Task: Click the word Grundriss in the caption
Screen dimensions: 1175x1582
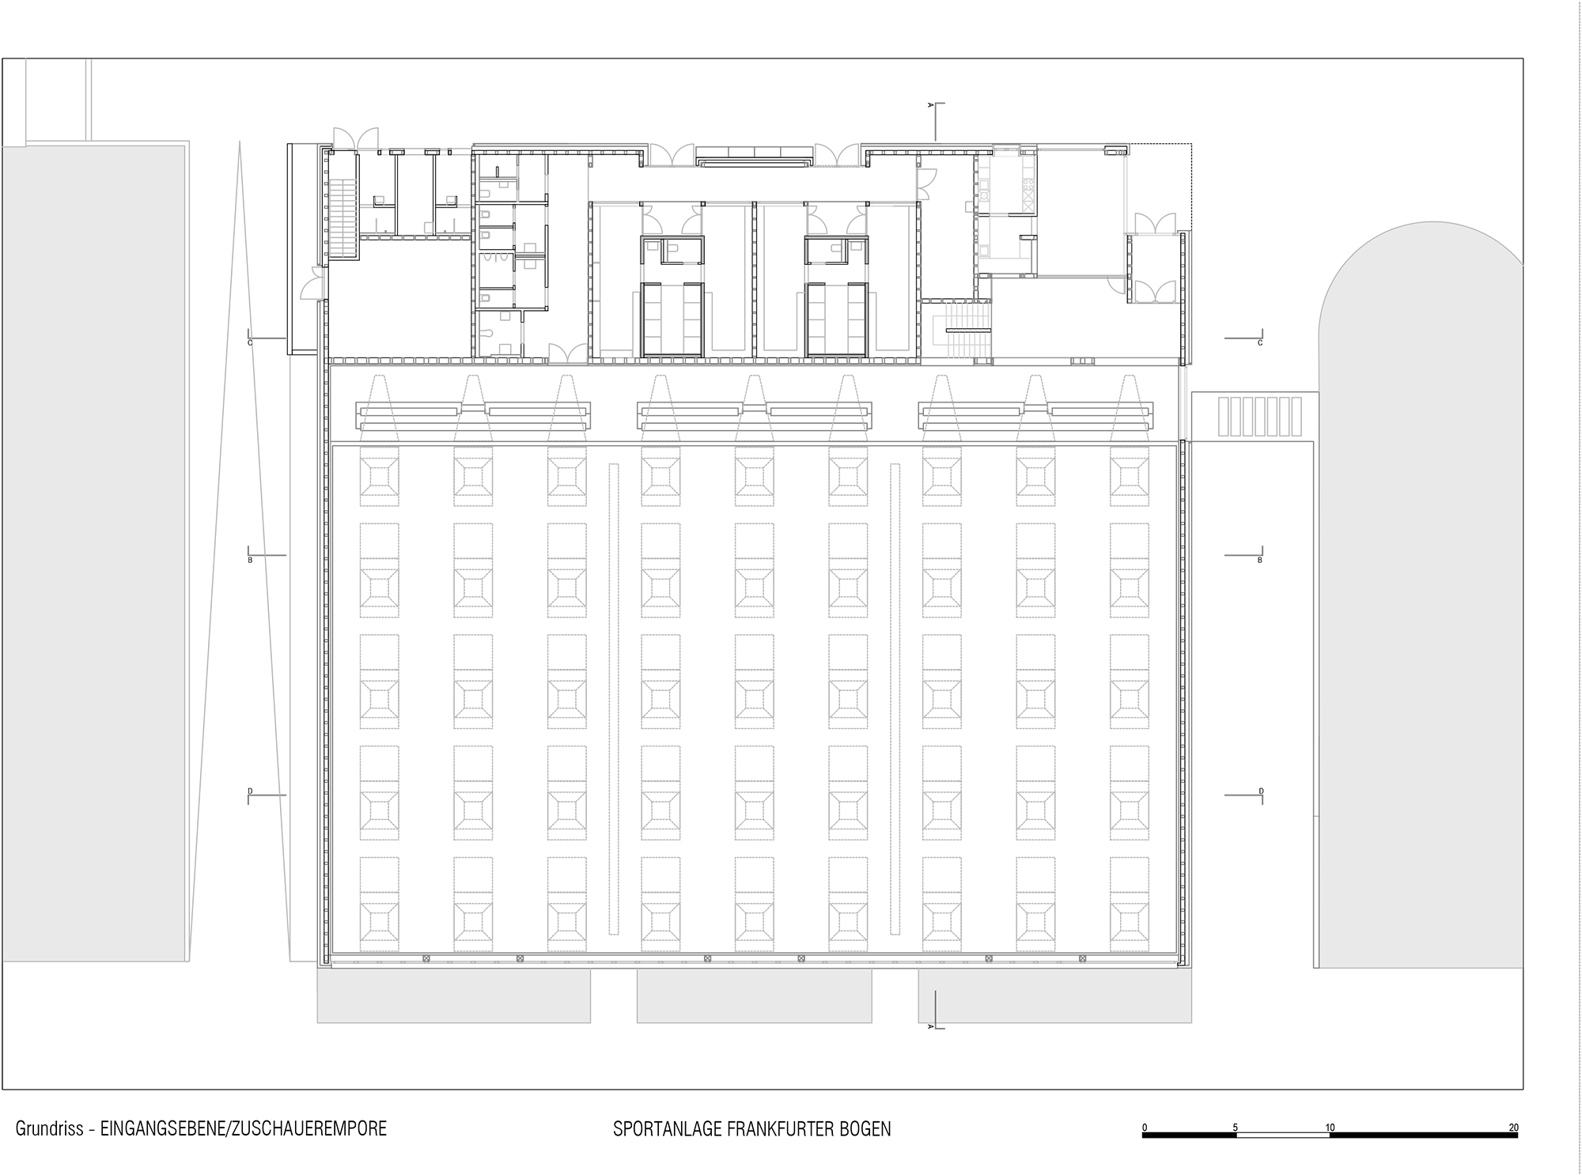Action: pos(48,1128)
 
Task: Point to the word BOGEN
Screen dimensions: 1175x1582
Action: pos(869,1129)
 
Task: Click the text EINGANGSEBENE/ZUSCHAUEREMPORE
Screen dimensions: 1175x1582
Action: pos(244,1128)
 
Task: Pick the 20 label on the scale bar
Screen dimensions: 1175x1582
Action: pos(1513,1128)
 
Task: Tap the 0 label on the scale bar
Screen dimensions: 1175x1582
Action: pos(1145,1128)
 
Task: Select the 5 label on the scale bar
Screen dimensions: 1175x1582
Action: pos(1235,1128)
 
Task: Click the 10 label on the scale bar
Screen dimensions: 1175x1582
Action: pos(1330,1128)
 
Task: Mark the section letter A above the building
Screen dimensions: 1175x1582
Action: pos(930,104)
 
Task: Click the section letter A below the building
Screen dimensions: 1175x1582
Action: pos(930,1026)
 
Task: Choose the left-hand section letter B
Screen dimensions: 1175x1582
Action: pos(250,560)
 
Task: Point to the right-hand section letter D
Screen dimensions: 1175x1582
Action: pos(1261,792)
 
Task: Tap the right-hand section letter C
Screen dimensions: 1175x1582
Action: pos(1260,343)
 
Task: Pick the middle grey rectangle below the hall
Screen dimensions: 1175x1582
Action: pos(754,996)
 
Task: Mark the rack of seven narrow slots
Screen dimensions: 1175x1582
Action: pos(1260,416)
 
